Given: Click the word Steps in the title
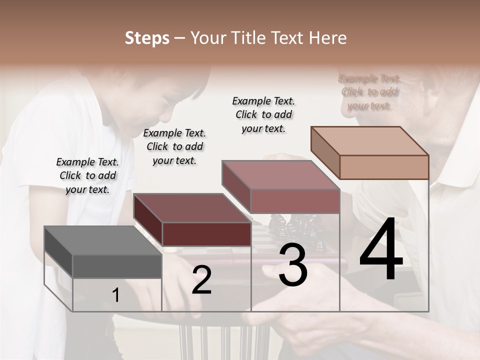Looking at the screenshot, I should pyautogui.click(x=147, y=38).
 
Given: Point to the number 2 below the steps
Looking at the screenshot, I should pyautogui.click(x=201, y=280).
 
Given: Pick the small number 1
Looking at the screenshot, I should pyautogui.click(x=115, y=295).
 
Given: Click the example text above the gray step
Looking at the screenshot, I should pyautogui.click(x=87, y=175).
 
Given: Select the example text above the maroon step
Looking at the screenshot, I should pyautogui.click(x=174, y=146).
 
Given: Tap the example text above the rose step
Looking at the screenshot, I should pyautogui.click(x=263, y=114).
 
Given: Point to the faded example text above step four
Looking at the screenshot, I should pyautogui.click(x=369, y=92).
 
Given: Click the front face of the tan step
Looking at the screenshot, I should pyautogui.click(x=384, y=167).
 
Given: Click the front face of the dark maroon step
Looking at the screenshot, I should pyautogui.click(x=206, y=234).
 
